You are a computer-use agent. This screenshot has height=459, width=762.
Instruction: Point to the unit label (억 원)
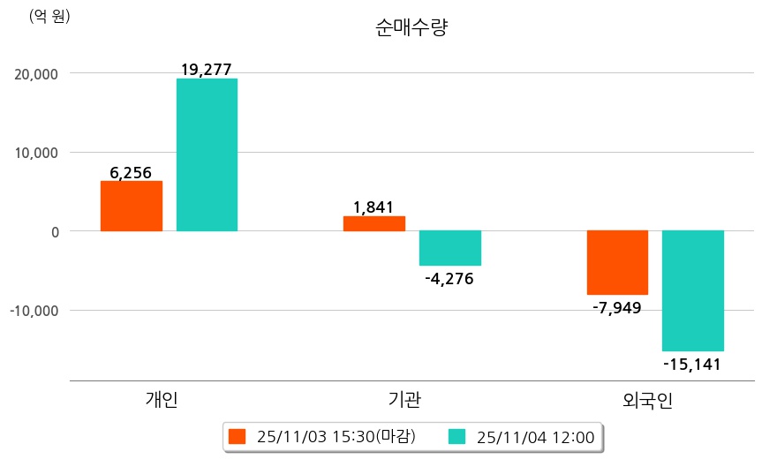coord(49,16)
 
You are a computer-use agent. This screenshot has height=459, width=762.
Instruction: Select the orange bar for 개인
coord(131,206)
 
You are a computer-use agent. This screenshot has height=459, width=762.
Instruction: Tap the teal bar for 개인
coord(207,154)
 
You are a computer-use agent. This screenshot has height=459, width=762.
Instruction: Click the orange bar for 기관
coord(373,223)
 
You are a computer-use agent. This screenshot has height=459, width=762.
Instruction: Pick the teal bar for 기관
coord(449,248)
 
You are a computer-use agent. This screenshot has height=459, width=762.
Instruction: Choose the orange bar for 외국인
coord(617,262)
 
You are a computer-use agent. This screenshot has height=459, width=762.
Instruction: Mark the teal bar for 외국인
coord(693,290)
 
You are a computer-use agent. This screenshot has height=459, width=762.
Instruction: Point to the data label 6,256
coord(131,172)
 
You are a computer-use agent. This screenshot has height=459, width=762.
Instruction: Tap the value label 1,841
coord(373,207)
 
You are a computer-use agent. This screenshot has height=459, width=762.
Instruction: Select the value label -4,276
coord(449,279)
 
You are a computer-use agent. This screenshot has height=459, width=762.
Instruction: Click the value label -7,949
coord(616,308)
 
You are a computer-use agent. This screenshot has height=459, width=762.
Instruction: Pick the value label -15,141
coord(692,364)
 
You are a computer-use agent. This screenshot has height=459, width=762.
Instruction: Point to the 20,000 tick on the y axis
coord(34,73)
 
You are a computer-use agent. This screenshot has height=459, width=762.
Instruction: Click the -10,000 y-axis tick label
coord(33,311)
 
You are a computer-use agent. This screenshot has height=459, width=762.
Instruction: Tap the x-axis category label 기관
coord(404,400)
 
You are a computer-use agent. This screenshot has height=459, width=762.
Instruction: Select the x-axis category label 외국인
coord(647,400)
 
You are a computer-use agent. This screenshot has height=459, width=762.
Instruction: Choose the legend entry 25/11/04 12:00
coord(522,436)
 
